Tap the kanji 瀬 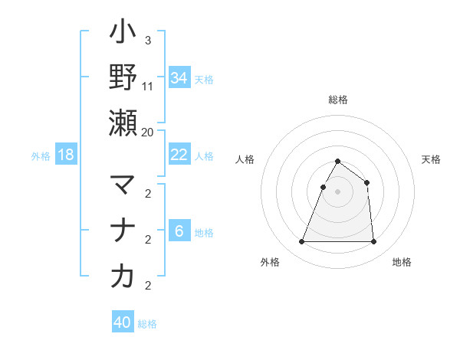tap(123, 123)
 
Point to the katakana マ tap(123, 185)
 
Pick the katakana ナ tap(123, 231)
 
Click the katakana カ tap(123, 277)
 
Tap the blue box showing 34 tap(179, 77)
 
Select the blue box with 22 tap(179, 155)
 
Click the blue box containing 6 tap(179, 231)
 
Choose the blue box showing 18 tap(66, 155)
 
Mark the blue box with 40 tap(123, 322)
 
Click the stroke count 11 tap(148, 86)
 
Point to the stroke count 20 tap(148, 132)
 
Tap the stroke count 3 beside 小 tap(147, 40)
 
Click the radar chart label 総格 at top tap(337, 100)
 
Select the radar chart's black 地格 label tap(402, 263)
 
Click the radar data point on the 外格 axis tap(301, 242)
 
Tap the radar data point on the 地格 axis tap(373, 242)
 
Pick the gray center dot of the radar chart tap(337, 191)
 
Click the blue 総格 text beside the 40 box tap(147, 324)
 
